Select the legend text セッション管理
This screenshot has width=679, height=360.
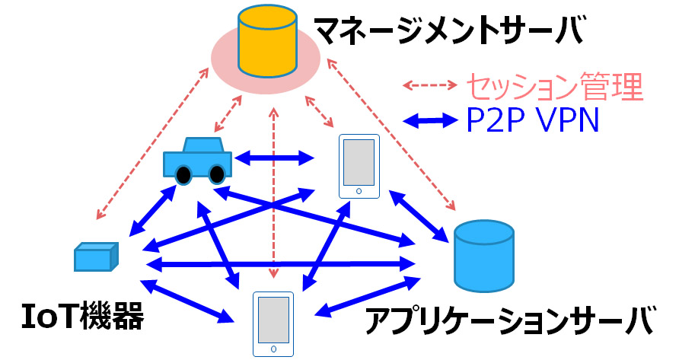click(x=553, y=87)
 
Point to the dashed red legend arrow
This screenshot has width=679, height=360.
click(x=429, y=84)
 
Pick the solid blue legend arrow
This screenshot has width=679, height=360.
click(x=429, y=119)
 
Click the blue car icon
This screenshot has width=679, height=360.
click(x=197, y=160)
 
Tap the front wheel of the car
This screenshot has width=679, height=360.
click(x=183, y=176)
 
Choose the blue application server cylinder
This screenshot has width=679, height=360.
click(x=483, y=253)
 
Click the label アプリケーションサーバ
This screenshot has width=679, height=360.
click(x=508, y=320)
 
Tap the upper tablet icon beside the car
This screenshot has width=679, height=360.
click(x=359, y=167)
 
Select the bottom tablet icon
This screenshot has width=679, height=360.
click(x=273, y=323)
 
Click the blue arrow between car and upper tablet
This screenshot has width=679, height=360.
click(x=275, y=159)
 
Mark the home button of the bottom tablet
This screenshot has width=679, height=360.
click(x=273, y=349)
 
